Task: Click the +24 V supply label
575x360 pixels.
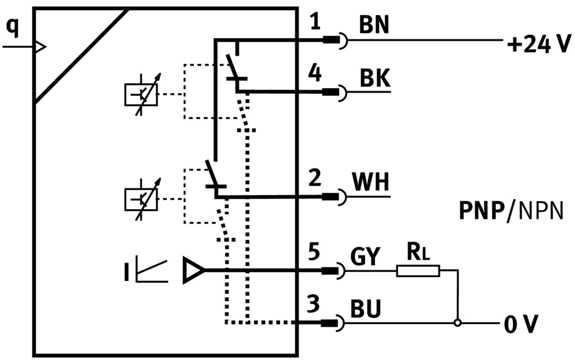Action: click(x=539, y=43)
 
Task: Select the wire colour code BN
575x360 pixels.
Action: click(x=374, y=26)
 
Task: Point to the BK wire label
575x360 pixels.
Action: click(x=375, y=80)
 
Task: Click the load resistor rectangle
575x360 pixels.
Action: click(x=418, y=270)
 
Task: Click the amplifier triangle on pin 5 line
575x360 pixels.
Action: click(x=193, y=270)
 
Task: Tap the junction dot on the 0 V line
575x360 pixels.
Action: click(x=458, y=324)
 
